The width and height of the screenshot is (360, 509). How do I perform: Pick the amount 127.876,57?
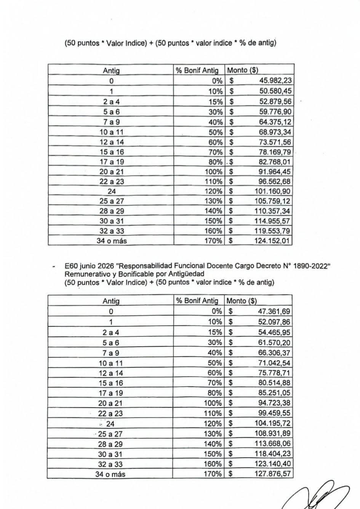272,474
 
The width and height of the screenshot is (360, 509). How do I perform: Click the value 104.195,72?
272,423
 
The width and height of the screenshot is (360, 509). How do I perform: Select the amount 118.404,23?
272,454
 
